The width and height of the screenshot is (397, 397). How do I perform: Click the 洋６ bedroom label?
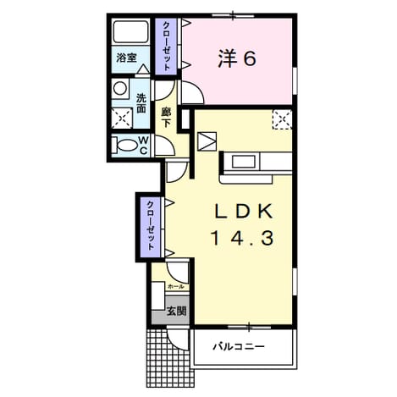tap(237, 59)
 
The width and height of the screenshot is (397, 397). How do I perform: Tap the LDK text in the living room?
tap(244, 211)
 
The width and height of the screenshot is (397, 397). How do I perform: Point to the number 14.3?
tap(242, 238)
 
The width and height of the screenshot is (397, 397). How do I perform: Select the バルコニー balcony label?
tap(239, 346)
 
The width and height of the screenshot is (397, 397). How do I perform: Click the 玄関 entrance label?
tap(176, 311)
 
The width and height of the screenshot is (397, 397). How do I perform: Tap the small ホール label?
tap(175, 287)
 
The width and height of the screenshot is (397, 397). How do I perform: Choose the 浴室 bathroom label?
tap(127, 58)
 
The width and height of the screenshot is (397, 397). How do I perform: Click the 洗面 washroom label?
tap(141, 103)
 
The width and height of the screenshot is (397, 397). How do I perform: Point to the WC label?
tap(143, 146)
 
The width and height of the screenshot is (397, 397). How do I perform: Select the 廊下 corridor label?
tap(166, 118)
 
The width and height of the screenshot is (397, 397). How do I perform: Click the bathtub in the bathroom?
tap(131, 31)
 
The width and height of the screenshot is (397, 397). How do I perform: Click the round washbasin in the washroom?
tap(120, 88)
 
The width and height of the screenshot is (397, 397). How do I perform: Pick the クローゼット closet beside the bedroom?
tap(167, 47)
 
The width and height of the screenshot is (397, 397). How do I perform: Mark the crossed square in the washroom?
tap(122, 118)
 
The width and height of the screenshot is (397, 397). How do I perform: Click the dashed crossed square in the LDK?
tap(282, 119)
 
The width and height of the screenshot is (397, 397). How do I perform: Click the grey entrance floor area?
tap(170, 310)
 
